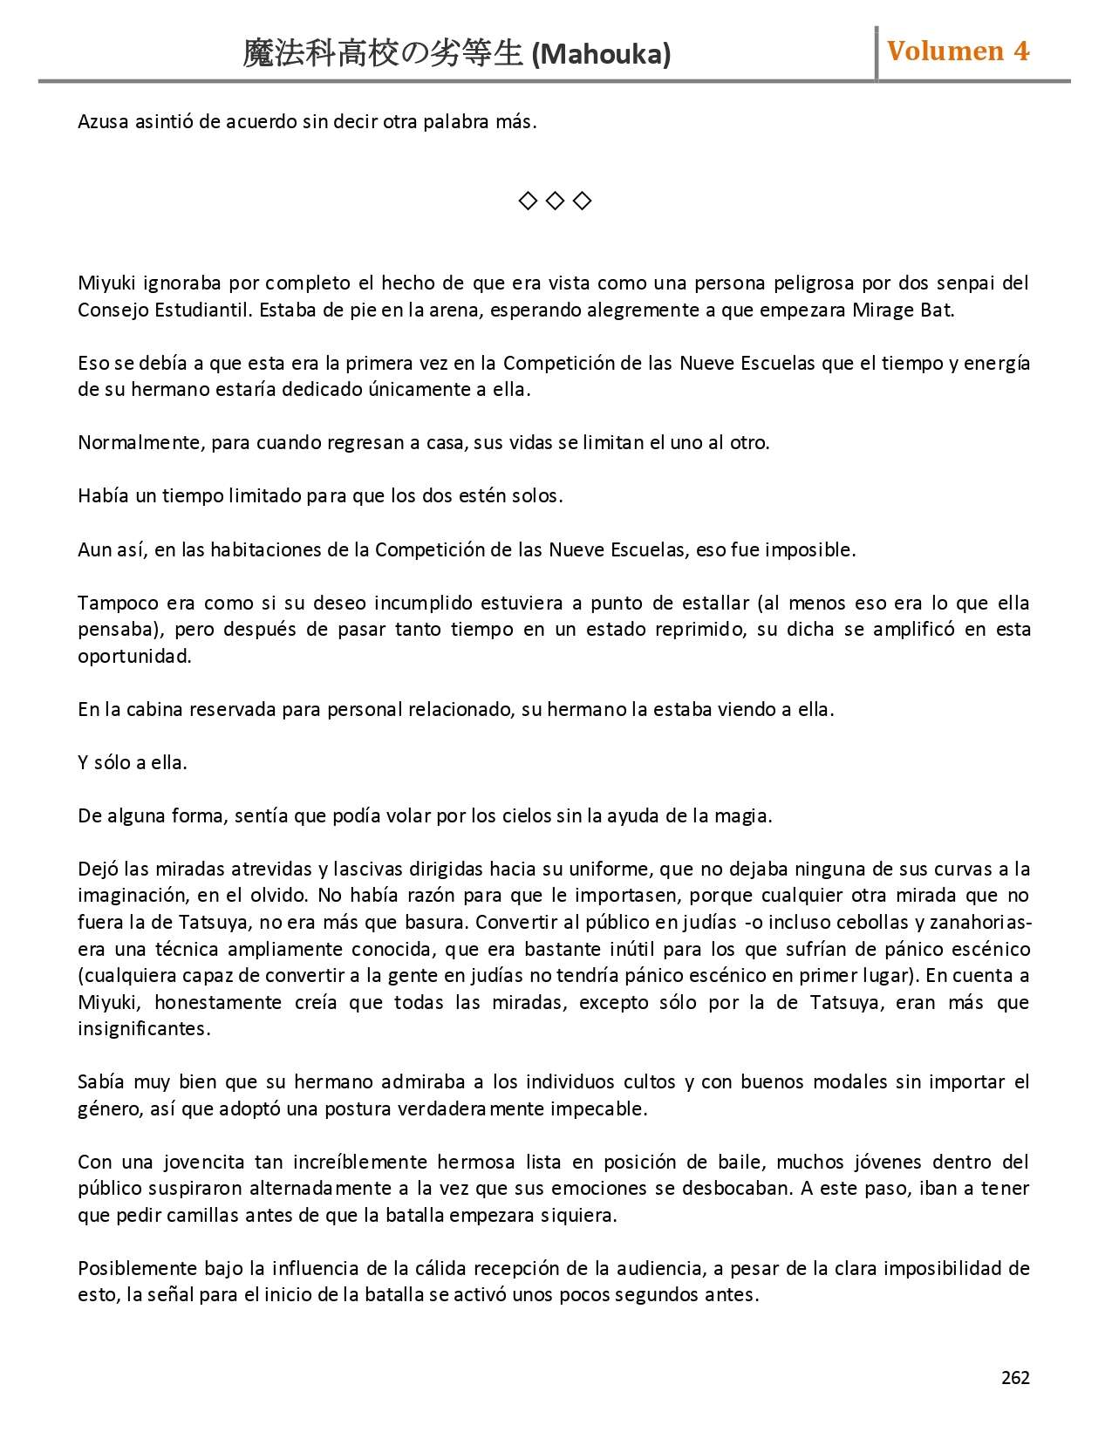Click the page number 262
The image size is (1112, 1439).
tap(1015, 1377)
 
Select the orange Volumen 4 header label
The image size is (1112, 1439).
tap(958, 51)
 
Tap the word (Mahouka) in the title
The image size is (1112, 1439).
tap(601, 54)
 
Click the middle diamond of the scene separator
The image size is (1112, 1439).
tap(555, 201)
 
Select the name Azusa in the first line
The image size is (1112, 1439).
tap(104, 121)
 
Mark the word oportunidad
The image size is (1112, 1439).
tap(134, 656)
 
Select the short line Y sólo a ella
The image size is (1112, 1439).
tap(133, 762)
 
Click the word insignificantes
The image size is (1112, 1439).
tap(144, 1028)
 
